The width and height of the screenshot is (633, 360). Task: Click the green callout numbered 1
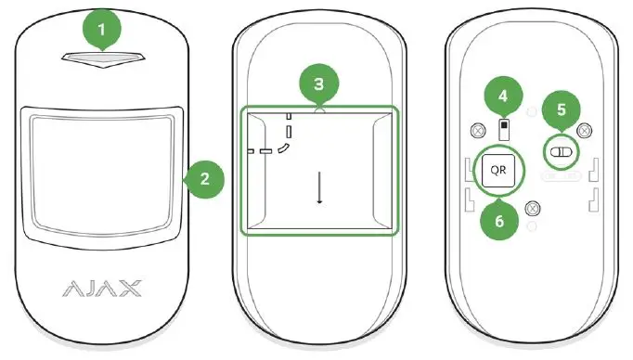pos(103,30)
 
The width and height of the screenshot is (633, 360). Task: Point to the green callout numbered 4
pos(503,96)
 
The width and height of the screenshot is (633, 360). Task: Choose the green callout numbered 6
pos(497,223)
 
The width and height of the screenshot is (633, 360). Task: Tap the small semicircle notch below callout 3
pos(318,109)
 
